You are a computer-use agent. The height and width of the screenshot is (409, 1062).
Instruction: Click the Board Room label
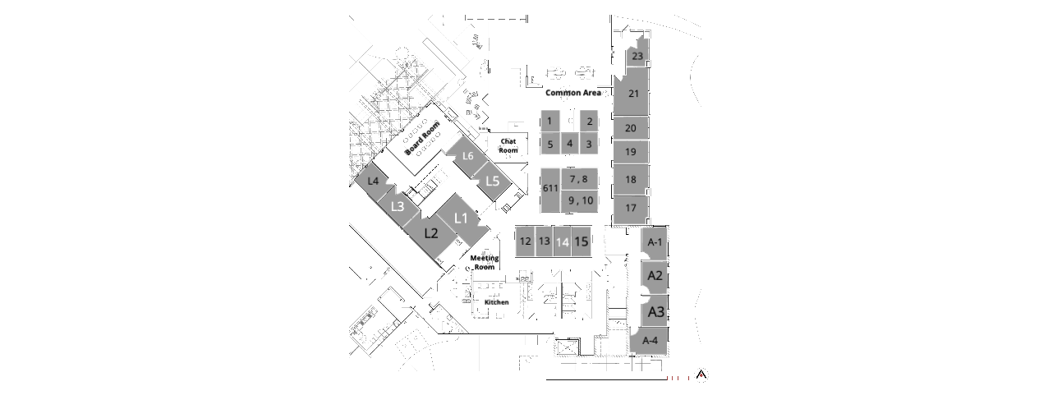[x=421, y=139]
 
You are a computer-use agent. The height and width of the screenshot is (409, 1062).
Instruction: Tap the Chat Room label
[x=508, y=145]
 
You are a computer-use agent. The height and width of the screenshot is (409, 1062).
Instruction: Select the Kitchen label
[x=496, y=302]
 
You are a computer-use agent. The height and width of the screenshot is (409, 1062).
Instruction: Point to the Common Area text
[x=573, y=93]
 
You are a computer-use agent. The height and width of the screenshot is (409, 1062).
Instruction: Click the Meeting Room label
[x=484, y=262]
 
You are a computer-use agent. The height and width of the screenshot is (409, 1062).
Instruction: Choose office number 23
[x=637, y=56]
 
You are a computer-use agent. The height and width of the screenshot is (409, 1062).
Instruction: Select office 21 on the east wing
[x=634, y=94]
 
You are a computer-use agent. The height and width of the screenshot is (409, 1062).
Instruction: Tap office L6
[x=468, y=155]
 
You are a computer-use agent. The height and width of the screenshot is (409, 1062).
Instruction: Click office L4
[x=373, y=181]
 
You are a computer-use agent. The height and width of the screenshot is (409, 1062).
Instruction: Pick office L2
[x=431, y=232]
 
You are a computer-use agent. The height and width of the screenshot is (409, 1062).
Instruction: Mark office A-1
[x=655, y=242]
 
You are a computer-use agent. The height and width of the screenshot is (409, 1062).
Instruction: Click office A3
[x=656, y=312]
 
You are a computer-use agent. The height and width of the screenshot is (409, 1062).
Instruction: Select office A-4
[x=650, y=340]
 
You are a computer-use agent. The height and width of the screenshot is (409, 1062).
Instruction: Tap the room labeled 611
[x=550, y=188]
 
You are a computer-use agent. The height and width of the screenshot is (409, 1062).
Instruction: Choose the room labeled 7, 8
[x=579, y=179]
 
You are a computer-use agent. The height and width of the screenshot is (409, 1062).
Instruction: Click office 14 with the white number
[x=563, y=242]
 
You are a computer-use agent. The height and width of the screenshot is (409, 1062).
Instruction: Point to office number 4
[x=570, y=143]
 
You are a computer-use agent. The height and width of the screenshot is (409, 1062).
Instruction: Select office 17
[x=631, y=208]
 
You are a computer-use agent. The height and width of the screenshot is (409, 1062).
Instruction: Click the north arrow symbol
[x=701, y=375]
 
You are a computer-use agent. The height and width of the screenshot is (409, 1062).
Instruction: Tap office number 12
[x=526, y=241]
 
